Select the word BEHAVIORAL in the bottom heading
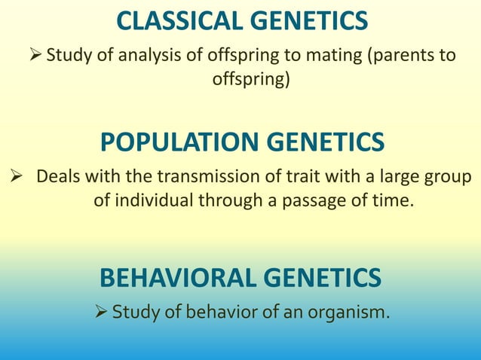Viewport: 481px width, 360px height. pyautogui.click(x=176, y=278)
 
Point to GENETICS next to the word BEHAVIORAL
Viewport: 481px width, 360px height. pyautogui.click(x=322, y=278)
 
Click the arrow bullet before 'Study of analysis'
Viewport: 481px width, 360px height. pyautogui.click(x=35, y=55)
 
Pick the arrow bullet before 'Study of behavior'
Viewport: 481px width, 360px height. pyautogui.click(x=100, y=310)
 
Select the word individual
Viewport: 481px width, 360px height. pyautogui.click(x=152, y=201)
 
